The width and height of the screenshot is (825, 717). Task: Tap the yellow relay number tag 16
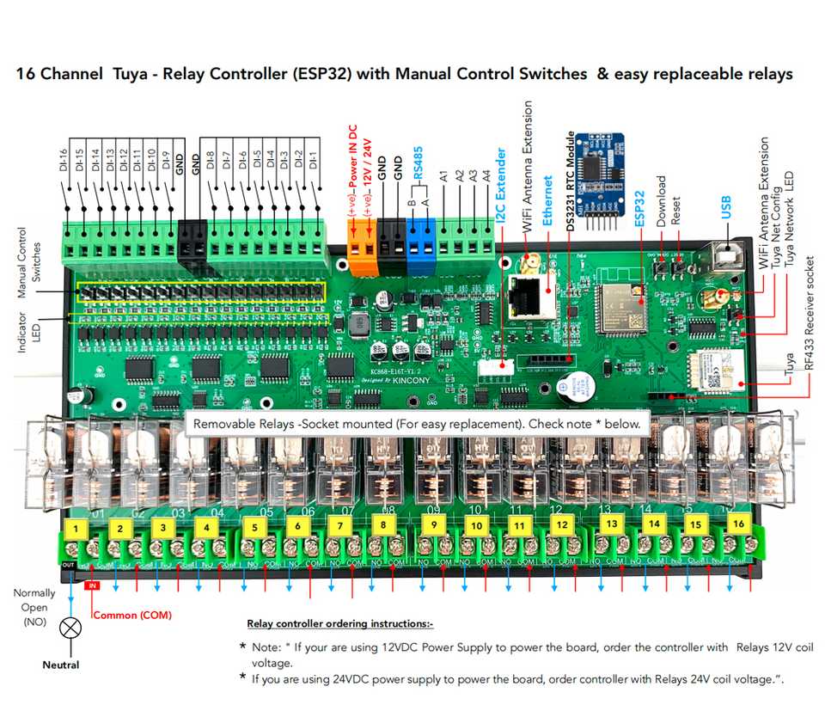point(737,524)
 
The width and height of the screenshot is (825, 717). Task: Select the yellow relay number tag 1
point(77,527)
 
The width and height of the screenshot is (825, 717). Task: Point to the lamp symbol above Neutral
point(68,628)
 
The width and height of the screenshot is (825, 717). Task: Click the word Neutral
point(61,665)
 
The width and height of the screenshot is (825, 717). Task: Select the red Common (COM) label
point(132,615)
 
